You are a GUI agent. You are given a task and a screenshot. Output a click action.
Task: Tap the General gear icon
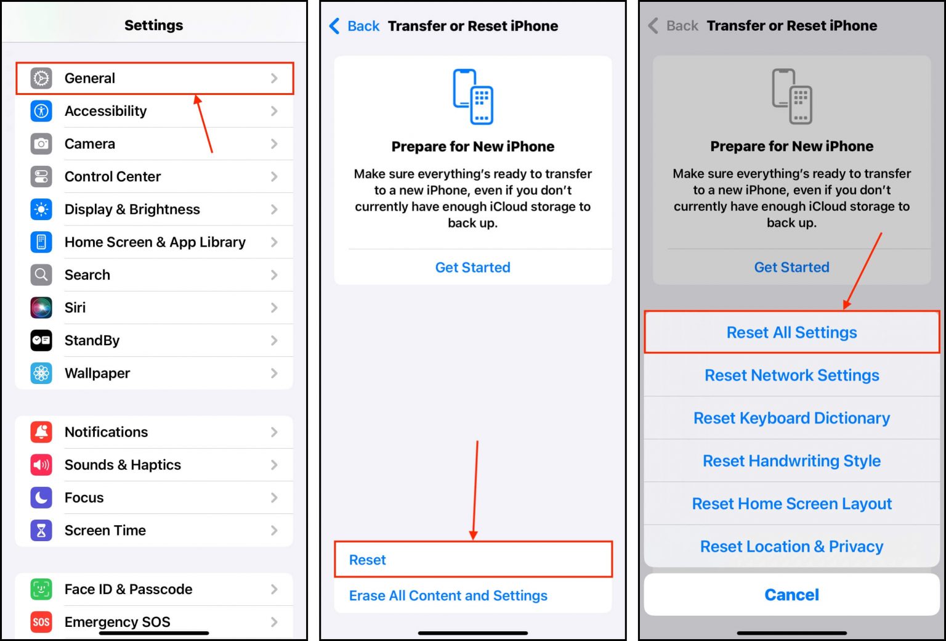point(41,78)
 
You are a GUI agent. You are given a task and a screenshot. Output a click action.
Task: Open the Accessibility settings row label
point(105,111)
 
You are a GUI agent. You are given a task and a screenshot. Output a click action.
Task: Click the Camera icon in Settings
point(41,144)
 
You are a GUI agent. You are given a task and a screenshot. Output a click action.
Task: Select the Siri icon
point(41,308)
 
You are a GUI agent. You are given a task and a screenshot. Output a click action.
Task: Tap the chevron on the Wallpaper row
point(274,374)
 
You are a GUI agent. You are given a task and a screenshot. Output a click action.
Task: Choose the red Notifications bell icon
point(41,432)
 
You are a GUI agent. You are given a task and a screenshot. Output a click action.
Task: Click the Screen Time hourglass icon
point(41,530)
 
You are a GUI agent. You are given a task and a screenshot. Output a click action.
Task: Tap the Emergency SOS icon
point(41,622)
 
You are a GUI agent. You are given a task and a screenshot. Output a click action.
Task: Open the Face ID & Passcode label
point(128,589)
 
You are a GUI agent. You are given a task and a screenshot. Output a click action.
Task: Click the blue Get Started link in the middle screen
point(472,267)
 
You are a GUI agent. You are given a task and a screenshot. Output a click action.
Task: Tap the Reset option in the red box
point(368,560)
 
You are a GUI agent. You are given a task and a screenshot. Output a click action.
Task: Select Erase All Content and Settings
point(448,595)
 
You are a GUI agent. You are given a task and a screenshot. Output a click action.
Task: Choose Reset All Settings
point(791,333)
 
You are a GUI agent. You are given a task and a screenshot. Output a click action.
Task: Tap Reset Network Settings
point(791,375)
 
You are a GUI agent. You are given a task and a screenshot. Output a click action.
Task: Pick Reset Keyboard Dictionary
point(791,418)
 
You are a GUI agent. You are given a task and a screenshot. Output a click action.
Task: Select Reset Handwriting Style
point(791,461)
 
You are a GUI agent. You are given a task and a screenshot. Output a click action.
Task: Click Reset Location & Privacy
point(791,547)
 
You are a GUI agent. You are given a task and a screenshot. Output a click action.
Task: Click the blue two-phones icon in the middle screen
point(473,97)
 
